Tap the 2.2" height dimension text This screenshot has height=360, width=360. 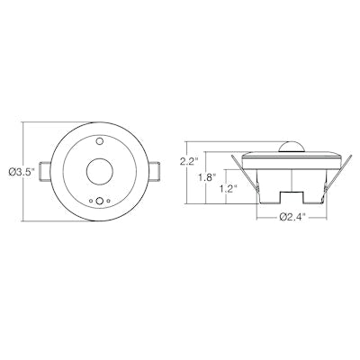coord(188,162)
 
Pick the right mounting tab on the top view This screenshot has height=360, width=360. coord(154,172)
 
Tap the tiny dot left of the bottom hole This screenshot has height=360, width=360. coord(88,202)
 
